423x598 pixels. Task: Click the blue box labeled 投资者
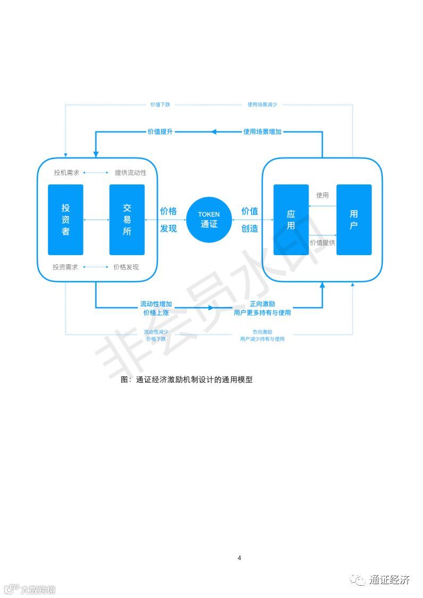[65, 220]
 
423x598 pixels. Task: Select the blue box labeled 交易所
[127, 220]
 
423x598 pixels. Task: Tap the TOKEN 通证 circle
[209, 219]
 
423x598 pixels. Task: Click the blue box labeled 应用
[291, 220]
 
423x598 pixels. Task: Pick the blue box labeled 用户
[354, 220]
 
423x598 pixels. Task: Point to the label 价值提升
[160, 131]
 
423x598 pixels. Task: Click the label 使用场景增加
[262, 131]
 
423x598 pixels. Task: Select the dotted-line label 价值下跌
[160, 105]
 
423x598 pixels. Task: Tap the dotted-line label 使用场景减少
[262, 105]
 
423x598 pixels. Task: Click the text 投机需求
[66, 173]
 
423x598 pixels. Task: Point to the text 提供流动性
[130, 173]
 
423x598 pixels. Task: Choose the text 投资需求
[65, 267]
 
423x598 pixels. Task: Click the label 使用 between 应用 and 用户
[322, 195]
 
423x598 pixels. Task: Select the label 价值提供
[322, 242]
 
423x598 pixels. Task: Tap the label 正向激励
[262, 304]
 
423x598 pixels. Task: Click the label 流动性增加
[156, 304]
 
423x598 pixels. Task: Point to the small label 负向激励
[262, 332]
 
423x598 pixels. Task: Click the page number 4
[239, 558]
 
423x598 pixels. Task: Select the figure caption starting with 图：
[186, 380]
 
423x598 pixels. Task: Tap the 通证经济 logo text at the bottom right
[389, 580]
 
